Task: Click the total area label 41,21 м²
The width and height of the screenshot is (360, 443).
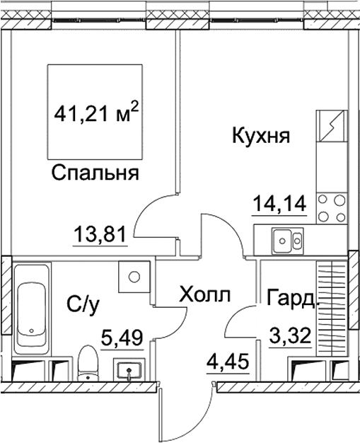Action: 96,113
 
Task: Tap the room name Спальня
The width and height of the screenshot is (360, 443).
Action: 94,173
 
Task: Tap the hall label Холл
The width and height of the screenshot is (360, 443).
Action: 204,294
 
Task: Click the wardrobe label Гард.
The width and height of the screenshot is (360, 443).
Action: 292,298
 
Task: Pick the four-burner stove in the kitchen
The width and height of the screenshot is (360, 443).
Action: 331,209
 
